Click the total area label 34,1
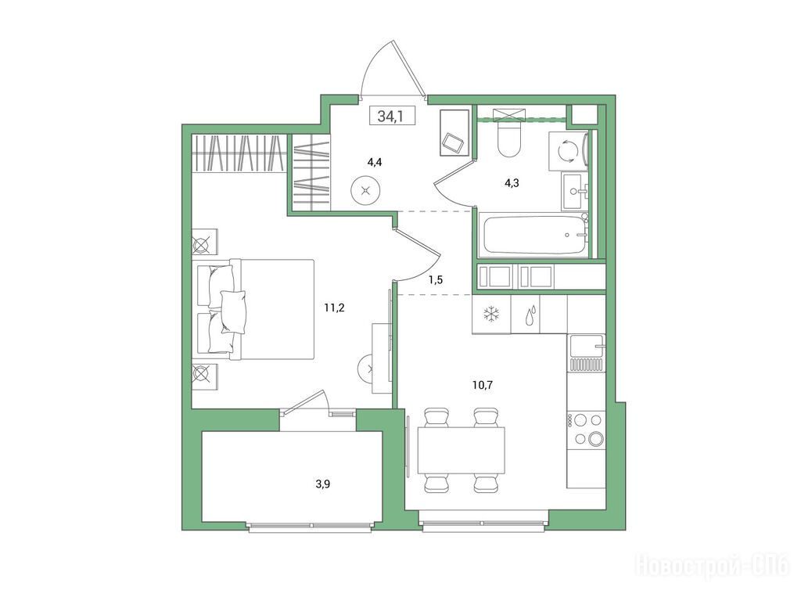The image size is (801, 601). tap(390, 117)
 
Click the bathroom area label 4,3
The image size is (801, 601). tap(512, 183)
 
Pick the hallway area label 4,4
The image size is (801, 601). tap(375, 163)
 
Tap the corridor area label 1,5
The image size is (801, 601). tap(435, 279)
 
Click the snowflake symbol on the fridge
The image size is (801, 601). tap(492, 315)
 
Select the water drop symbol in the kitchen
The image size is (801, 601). tap(531, 315)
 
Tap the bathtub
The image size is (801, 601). tap(533, 236)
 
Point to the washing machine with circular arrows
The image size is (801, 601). tap(568, 151)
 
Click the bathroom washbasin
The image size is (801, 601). tap(575, 191)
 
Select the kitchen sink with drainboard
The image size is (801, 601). tap(587, 354)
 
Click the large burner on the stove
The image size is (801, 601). tap(595, 438)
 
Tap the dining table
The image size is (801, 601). tap(462, 451)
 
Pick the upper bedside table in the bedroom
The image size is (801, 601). tap(204, 243)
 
